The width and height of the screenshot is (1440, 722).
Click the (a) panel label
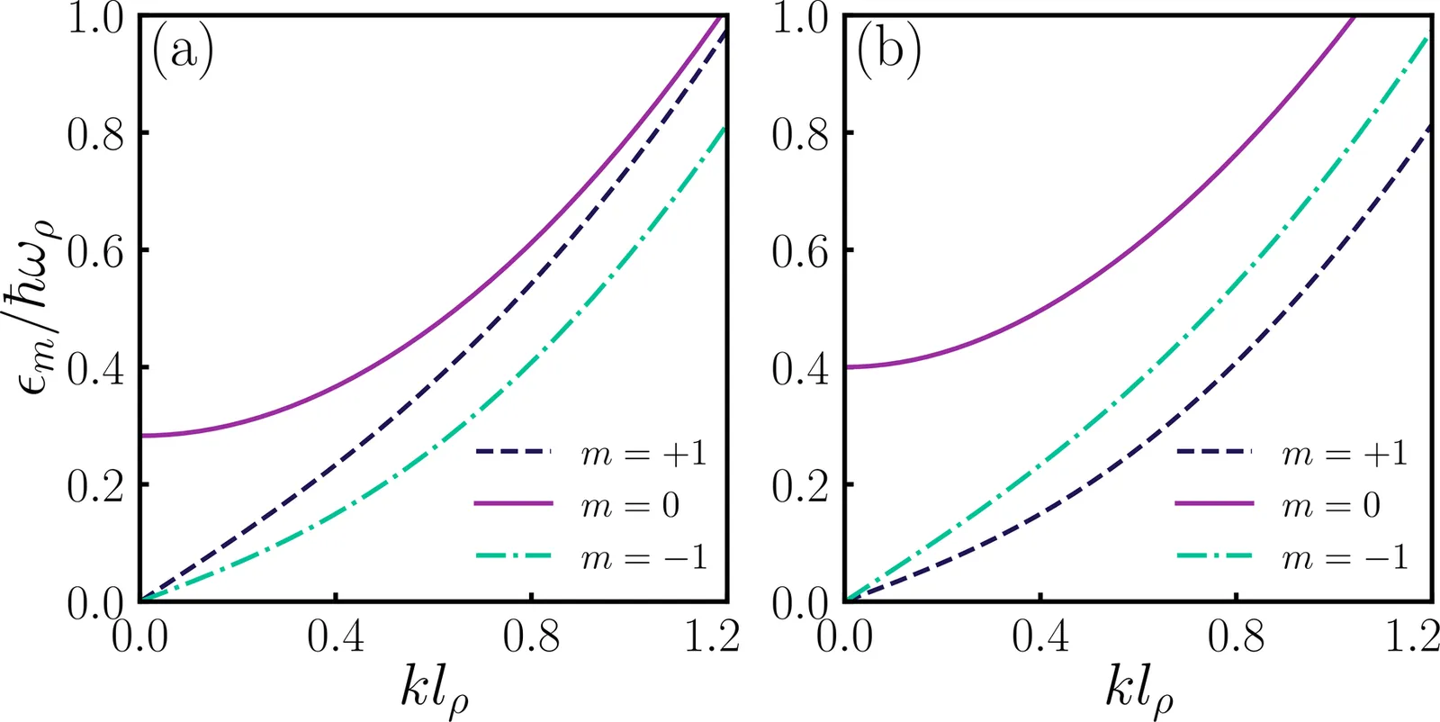click(184, 52)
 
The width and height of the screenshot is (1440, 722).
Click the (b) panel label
click(888, 52)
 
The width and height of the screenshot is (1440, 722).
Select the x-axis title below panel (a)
click(434, 690)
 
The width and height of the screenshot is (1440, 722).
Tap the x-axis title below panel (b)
click(1138, 690)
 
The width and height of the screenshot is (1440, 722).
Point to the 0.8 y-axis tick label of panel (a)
click(94, 133)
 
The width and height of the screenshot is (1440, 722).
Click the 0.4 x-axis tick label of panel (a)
click(336, 636)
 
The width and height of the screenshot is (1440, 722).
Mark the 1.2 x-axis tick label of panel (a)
click(712, 636)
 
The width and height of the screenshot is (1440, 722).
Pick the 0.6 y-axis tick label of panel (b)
click(799, 250)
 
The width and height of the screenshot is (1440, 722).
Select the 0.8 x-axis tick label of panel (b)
click(1236, 636)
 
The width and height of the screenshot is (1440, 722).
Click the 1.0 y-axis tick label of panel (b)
click(799, 18)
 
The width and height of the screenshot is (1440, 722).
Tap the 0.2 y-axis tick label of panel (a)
click(94, 485)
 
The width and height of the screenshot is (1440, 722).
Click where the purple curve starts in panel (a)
click(141, 436)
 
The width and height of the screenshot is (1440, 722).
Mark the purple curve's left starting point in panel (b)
click(846, 366)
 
